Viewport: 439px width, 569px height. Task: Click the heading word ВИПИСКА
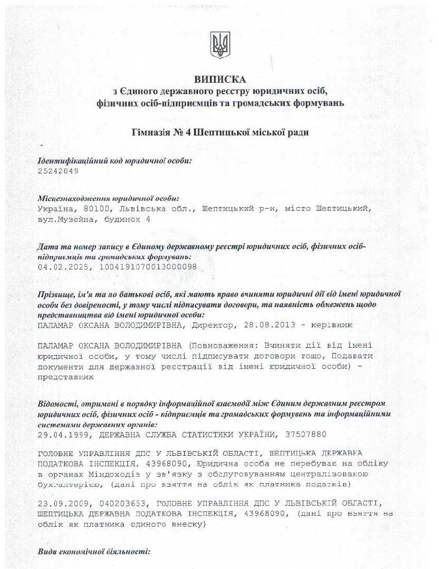point(219,80)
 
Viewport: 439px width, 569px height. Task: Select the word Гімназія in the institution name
point(150,132)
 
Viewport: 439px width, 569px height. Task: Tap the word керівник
point(332,326)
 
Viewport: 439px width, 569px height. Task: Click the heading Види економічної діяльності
point(94,552)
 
